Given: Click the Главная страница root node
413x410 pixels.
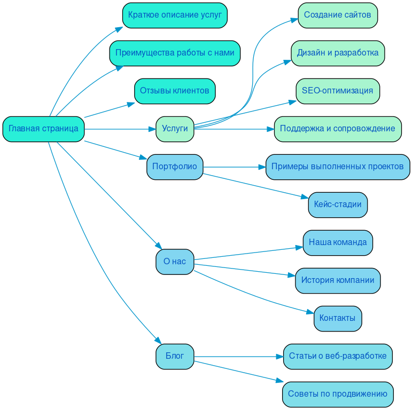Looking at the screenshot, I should pyautogui.click(x=43, y=129).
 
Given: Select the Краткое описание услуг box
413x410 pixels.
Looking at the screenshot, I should pyautogui.click(x=175, y=15).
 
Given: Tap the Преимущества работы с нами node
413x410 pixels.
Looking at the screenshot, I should pyautogui.click(x=175, y=53).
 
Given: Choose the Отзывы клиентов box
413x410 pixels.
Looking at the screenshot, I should pyautogui.click(x=175, y=91).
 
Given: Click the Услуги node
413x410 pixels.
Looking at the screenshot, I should pyautogui.click(x=175, y=129).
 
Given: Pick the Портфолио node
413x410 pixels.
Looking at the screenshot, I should pyautogui.click(x=175, y=167).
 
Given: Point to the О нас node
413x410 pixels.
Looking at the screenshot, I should pyautogui.click(x=175, y=262).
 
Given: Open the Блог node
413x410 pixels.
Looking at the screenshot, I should pyautogui.click(x=175, y=356).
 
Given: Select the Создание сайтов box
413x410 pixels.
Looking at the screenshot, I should pyautogui.click(x=338, y=15).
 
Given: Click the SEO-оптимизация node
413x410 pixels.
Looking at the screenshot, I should pyautogui.click(x=338, y=91).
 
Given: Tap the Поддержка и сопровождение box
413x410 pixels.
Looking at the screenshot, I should pyautogui.click(x=338, y=129).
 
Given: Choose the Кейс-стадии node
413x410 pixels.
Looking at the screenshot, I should pyautogui.click(x=338, y=204).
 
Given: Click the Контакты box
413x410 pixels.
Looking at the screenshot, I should pyautogui.click(x=338, y=318).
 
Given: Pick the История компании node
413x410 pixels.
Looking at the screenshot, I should pyautogui.click(x=338, y=280).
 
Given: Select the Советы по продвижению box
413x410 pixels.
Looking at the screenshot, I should pyautogui.click(x=338, y=394).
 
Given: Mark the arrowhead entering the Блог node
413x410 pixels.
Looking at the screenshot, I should pyautogui.click(x=158, y=341).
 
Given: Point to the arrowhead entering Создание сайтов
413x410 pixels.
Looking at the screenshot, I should pyautogui.click(x=294, y=20).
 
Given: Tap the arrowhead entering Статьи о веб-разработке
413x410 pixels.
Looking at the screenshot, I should pyautogui.click(x=279, y=356).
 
